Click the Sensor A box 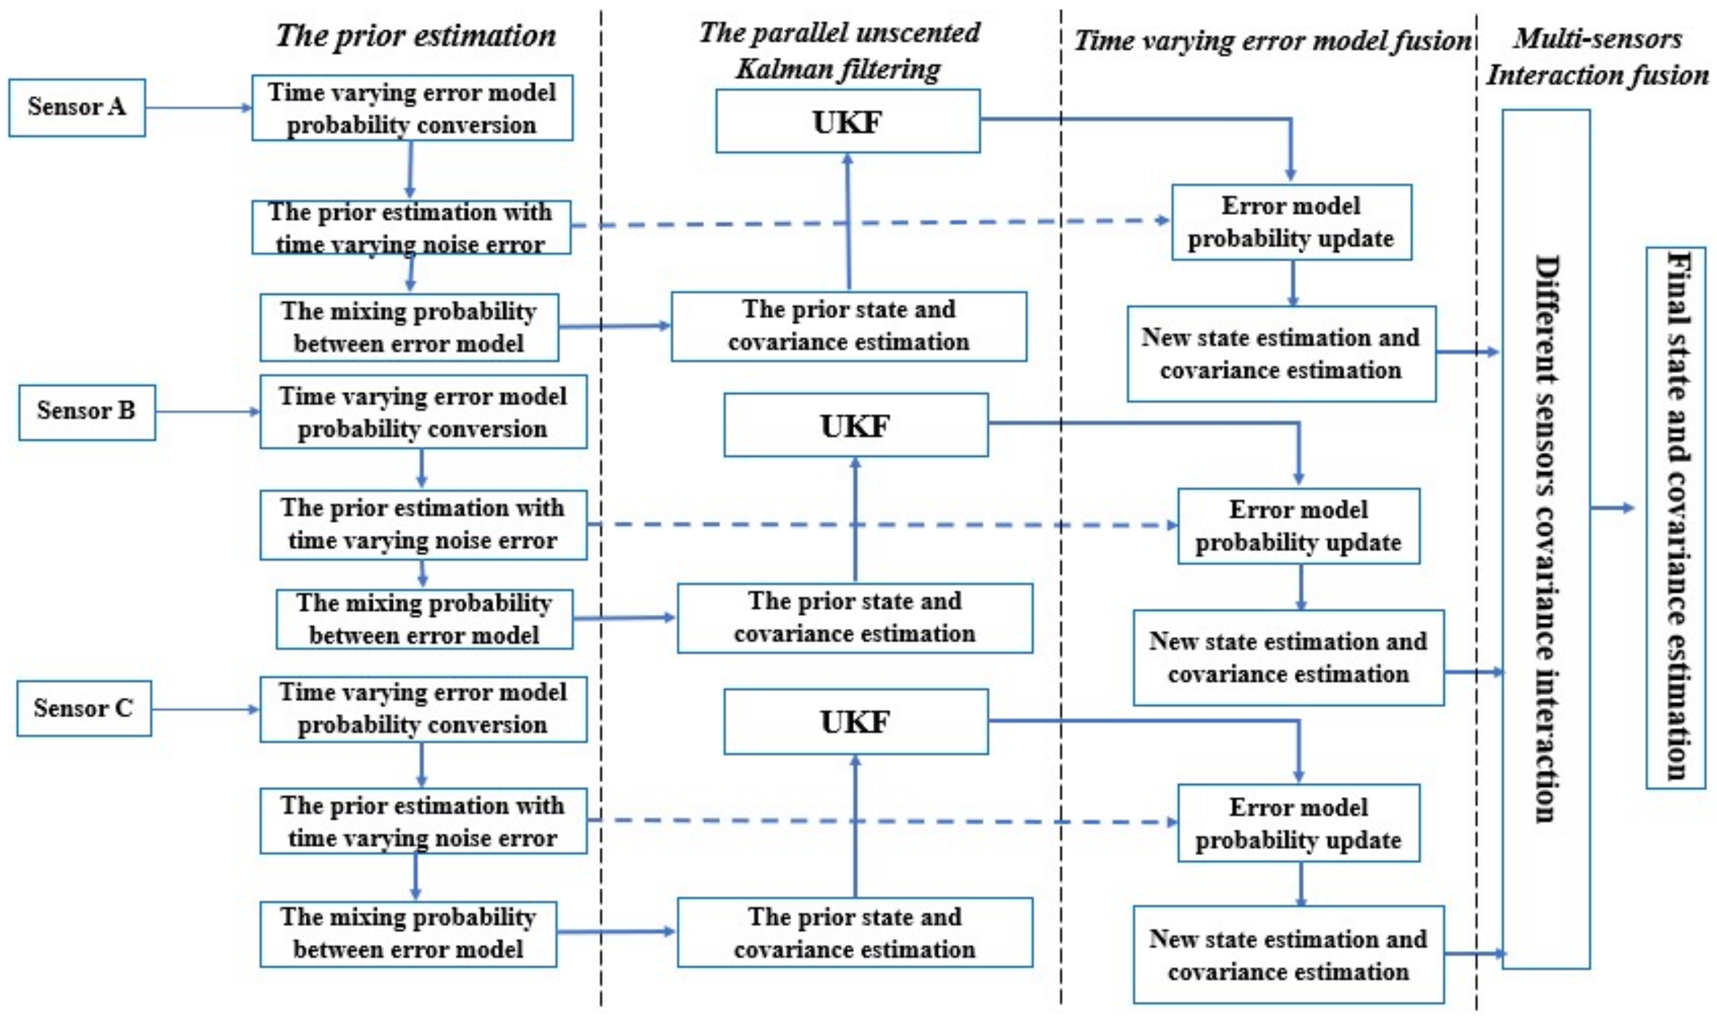77,107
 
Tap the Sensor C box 84,708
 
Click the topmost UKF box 847,121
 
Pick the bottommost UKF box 855,722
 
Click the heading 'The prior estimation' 415,36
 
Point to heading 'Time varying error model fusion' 1272,41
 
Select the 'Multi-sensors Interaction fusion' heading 1597,56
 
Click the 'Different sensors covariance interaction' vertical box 1546,539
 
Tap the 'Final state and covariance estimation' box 1675,518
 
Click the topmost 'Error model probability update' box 1291,222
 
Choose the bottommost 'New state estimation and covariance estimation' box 1288,955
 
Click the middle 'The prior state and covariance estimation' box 855,618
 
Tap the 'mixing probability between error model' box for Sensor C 408,934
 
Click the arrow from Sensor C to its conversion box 206,709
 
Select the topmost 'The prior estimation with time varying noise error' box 411,228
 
